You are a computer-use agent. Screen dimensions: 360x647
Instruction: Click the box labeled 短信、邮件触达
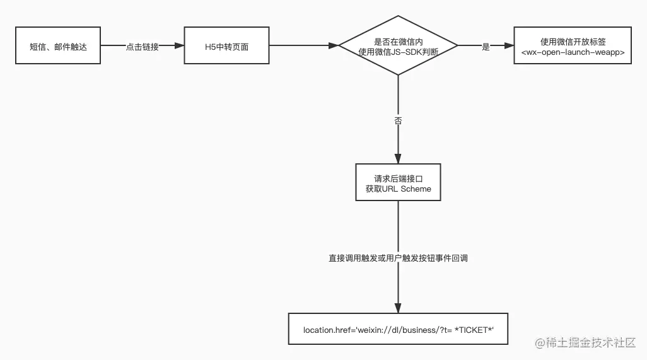(59, 46)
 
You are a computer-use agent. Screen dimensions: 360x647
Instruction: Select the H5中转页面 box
(228, 46)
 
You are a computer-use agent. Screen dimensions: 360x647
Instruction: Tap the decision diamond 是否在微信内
(398, 45)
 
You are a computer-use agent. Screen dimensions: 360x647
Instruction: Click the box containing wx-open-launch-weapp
(573, 46)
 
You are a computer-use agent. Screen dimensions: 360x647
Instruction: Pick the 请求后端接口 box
(398, 183)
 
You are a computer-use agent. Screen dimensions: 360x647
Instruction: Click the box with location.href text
(398, 329)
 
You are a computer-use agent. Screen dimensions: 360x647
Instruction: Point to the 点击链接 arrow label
(142, 47)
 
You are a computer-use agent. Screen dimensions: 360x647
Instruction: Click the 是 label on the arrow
(486, 47)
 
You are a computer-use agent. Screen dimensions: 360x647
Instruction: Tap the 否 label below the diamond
(398, 120)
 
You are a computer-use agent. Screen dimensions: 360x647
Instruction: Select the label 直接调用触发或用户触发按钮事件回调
(398, 258)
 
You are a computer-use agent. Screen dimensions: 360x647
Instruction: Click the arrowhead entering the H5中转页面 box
(179, 46)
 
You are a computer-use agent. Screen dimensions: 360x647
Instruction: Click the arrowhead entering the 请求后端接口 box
(398, 160)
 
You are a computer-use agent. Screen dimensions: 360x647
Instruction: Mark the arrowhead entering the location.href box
(398, 307)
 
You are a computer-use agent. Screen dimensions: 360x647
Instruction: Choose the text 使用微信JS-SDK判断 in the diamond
(398, 52)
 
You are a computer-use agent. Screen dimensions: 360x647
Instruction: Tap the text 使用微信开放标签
(573, 41)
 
